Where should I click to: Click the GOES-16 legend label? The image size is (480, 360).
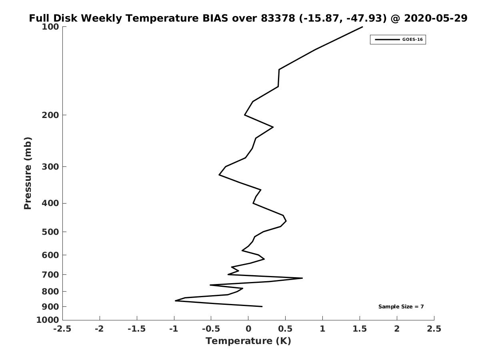[x=412, y=40]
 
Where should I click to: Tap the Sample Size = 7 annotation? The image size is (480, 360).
[x=401, y=307]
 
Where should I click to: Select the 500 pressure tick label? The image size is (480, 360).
[x=50, y=232]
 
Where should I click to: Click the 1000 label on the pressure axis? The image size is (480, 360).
[x=48, y=320]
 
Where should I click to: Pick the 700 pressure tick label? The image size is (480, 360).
[x=50, y=275]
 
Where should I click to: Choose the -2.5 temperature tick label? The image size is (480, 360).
[x=62, y=329]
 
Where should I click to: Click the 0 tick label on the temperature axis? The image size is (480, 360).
[x=248, y=329]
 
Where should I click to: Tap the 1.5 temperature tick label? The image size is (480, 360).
[x=360, y=329]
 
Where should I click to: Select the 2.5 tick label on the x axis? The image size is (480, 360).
[x=434, y=329]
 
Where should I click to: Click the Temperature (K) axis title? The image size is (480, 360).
[x=248, y=341]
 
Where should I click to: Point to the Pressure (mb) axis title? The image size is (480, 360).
[x=28, y=173]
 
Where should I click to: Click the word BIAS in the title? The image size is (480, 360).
[x=215, y=18]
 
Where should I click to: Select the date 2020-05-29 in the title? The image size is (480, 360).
[x=436, y=18]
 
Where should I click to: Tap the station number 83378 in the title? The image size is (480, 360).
[x=278, y=18]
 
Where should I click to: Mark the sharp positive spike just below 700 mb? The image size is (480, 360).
[x=302, y=278]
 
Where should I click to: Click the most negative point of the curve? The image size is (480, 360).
[x=175, y=301]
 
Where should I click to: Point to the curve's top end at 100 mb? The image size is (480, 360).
[x=362, y=27]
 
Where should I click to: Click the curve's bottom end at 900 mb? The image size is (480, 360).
[x=262, y=306]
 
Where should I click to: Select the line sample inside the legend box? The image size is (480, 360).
[x=387, y=40]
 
